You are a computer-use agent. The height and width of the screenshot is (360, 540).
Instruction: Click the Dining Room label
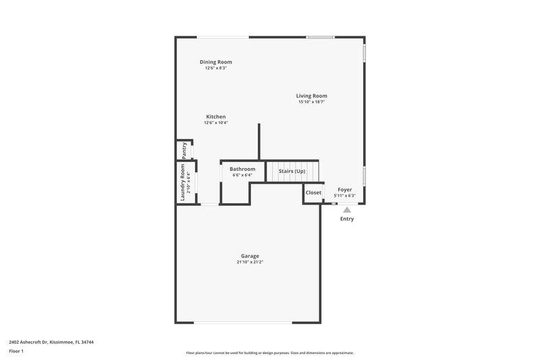tap(215, 62)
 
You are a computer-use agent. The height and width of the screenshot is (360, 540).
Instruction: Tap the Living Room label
tap(311, 96)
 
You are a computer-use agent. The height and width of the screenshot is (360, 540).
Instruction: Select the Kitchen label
tap(216, 117)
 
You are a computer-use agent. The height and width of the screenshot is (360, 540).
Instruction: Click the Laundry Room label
tap(183, 183)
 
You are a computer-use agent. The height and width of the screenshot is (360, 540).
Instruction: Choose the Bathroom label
tap(242, 169)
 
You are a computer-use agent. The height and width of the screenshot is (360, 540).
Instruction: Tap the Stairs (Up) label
tap(292, 171)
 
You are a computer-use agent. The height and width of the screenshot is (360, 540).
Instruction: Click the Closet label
tap(314, 192)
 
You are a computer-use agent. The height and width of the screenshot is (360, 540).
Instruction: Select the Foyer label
tap(345, 190)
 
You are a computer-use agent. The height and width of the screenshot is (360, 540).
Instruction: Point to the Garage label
tap(250, 256)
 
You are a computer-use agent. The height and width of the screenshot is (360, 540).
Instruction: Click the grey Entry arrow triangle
tap(347, 210)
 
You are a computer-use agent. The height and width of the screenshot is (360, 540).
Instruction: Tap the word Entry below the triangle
tap(347, 219)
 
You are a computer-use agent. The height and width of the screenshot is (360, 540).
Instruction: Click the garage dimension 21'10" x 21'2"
tap(250, 262)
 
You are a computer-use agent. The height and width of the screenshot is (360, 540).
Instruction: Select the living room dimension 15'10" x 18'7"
tap(311, 102)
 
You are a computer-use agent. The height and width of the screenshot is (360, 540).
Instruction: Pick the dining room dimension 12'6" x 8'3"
tap(215, 68)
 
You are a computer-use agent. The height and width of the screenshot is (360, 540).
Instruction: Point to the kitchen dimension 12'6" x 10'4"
tap(216, 123)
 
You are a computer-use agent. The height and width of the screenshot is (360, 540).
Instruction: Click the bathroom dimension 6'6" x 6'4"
tap(242, 175)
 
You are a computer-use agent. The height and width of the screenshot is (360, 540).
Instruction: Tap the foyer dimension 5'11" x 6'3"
tap(344, 196)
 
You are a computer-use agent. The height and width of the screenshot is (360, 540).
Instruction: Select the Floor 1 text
tap(16, 352)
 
